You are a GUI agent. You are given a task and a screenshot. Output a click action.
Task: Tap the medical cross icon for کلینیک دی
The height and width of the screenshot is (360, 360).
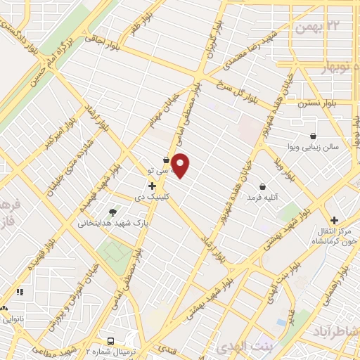[x=152, y=186]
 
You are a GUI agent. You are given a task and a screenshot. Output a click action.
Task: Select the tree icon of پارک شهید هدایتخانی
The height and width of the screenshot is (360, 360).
[x=112, y=212]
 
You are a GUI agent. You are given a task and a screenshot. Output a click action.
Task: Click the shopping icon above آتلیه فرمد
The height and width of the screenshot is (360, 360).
[x=262, y=186]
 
